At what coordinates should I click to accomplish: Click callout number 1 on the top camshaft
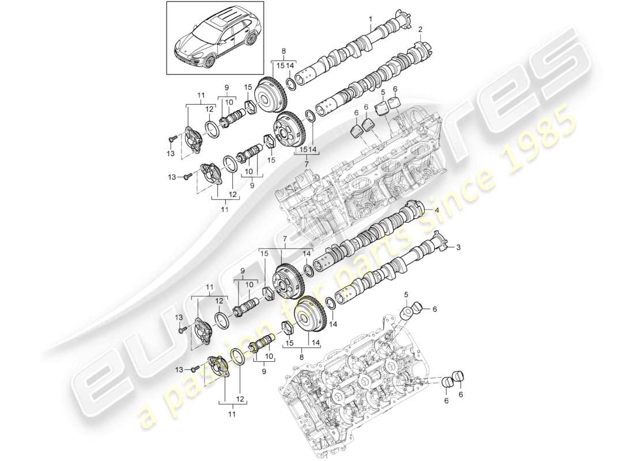372,19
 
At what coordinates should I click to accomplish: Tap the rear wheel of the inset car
252,40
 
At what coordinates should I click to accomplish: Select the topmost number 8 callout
283,51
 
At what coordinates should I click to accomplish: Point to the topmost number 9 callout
226,88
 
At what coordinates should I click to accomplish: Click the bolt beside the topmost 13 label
172,139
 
